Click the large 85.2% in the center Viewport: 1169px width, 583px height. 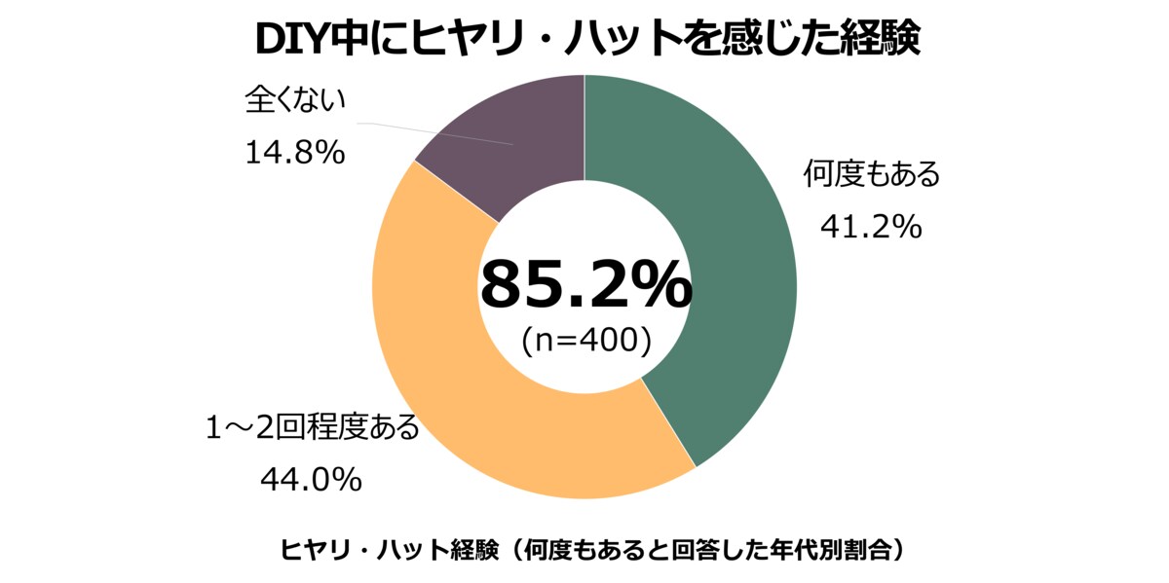click(584, 284)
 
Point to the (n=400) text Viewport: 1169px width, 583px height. click(584, 340)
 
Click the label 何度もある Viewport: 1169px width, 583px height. click(871, 176)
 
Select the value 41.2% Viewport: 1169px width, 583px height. click(870, 227)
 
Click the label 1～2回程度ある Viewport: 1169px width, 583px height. click(312, 427)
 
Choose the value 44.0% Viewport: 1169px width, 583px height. click(311, 479)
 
